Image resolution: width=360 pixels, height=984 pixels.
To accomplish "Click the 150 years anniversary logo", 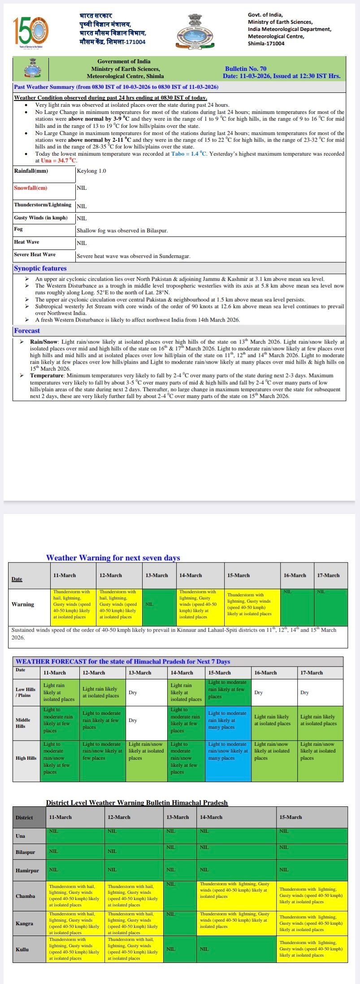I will (x=30, y=32).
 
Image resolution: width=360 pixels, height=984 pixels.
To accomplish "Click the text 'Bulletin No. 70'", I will (x=245, y=69).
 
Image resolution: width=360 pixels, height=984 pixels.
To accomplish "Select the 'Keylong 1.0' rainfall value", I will (x=91, y=171).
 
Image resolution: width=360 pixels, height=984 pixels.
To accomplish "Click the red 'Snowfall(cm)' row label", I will (x=30, y=188).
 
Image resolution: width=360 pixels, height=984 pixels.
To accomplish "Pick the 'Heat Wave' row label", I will (x=26, y=242).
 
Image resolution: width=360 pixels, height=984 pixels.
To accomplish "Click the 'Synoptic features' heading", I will (x=40, y=268).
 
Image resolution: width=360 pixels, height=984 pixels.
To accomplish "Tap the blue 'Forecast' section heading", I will (x=27, y=331).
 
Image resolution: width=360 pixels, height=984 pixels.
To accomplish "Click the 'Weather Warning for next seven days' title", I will (x=113, y=558).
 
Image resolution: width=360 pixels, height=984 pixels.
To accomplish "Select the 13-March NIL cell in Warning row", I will (x=159, y=605).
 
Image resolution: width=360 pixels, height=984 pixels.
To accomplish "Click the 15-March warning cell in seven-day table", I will (x=252, y=605).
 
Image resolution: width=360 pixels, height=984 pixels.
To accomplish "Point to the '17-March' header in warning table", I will (x=328, y=575).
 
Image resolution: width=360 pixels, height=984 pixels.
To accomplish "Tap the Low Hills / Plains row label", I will (x=26, y=692).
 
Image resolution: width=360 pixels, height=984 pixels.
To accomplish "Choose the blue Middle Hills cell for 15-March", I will (x=228, y=720).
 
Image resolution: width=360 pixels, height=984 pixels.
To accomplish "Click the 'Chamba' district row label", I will (x=25, y=896).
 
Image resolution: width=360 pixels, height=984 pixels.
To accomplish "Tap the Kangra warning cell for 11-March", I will (x=75, y=923).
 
